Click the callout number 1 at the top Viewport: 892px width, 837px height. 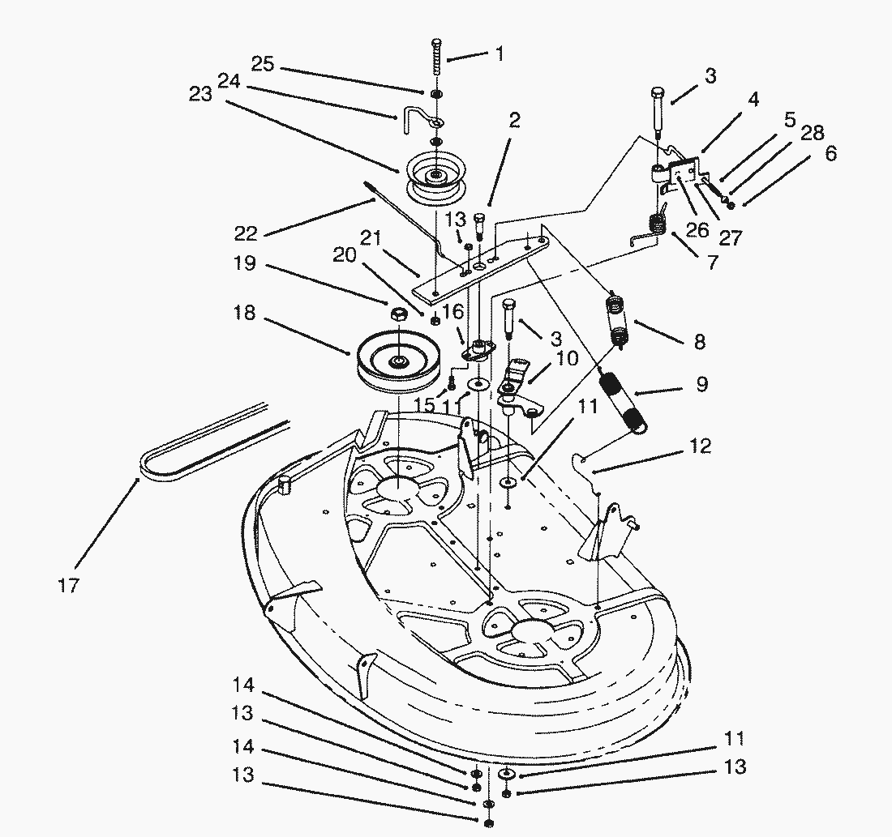tap(500, 54)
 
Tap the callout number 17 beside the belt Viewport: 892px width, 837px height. tap(69, 585)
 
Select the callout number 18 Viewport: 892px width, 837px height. tap(245, 314)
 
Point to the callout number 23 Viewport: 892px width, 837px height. tap(200, 93)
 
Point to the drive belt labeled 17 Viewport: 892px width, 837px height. tap(211, 442)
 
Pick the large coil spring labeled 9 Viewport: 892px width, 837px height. tap(624, 397)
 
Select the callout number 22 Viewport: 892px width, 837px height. tap(246, 233)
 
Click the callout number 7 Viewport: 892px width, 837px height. tap(712, 263)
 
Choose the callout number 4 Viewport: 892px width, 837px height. tap(753, 100)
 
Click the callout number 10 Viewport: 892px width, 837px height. tap(567, 358)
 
